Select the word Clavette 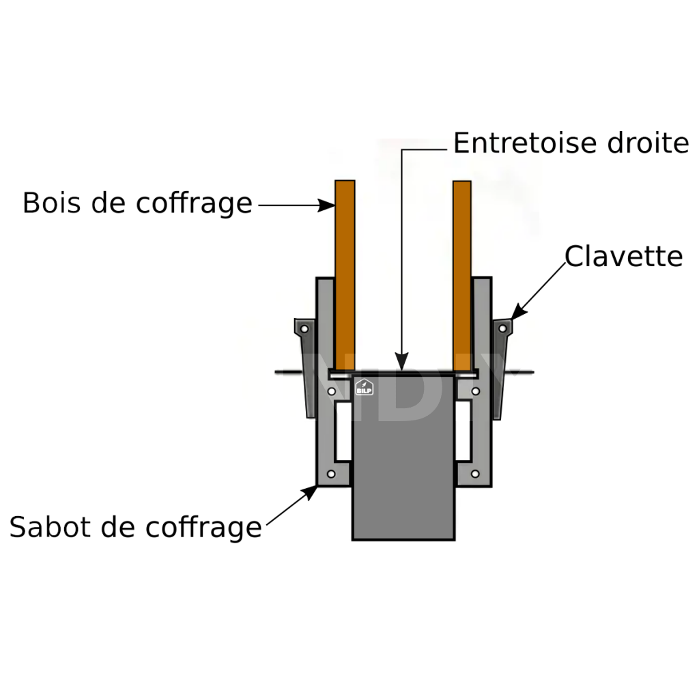(623, 257)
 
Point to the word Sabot (46, 527)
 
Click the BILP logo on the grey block (364, 387)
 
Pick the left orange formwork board (345, 273)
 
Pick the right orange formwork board (462, 273)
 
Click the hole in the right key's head (502, 328)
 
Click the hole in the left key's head (304, 329)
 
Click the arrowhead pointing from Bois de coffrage (326, 204)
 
